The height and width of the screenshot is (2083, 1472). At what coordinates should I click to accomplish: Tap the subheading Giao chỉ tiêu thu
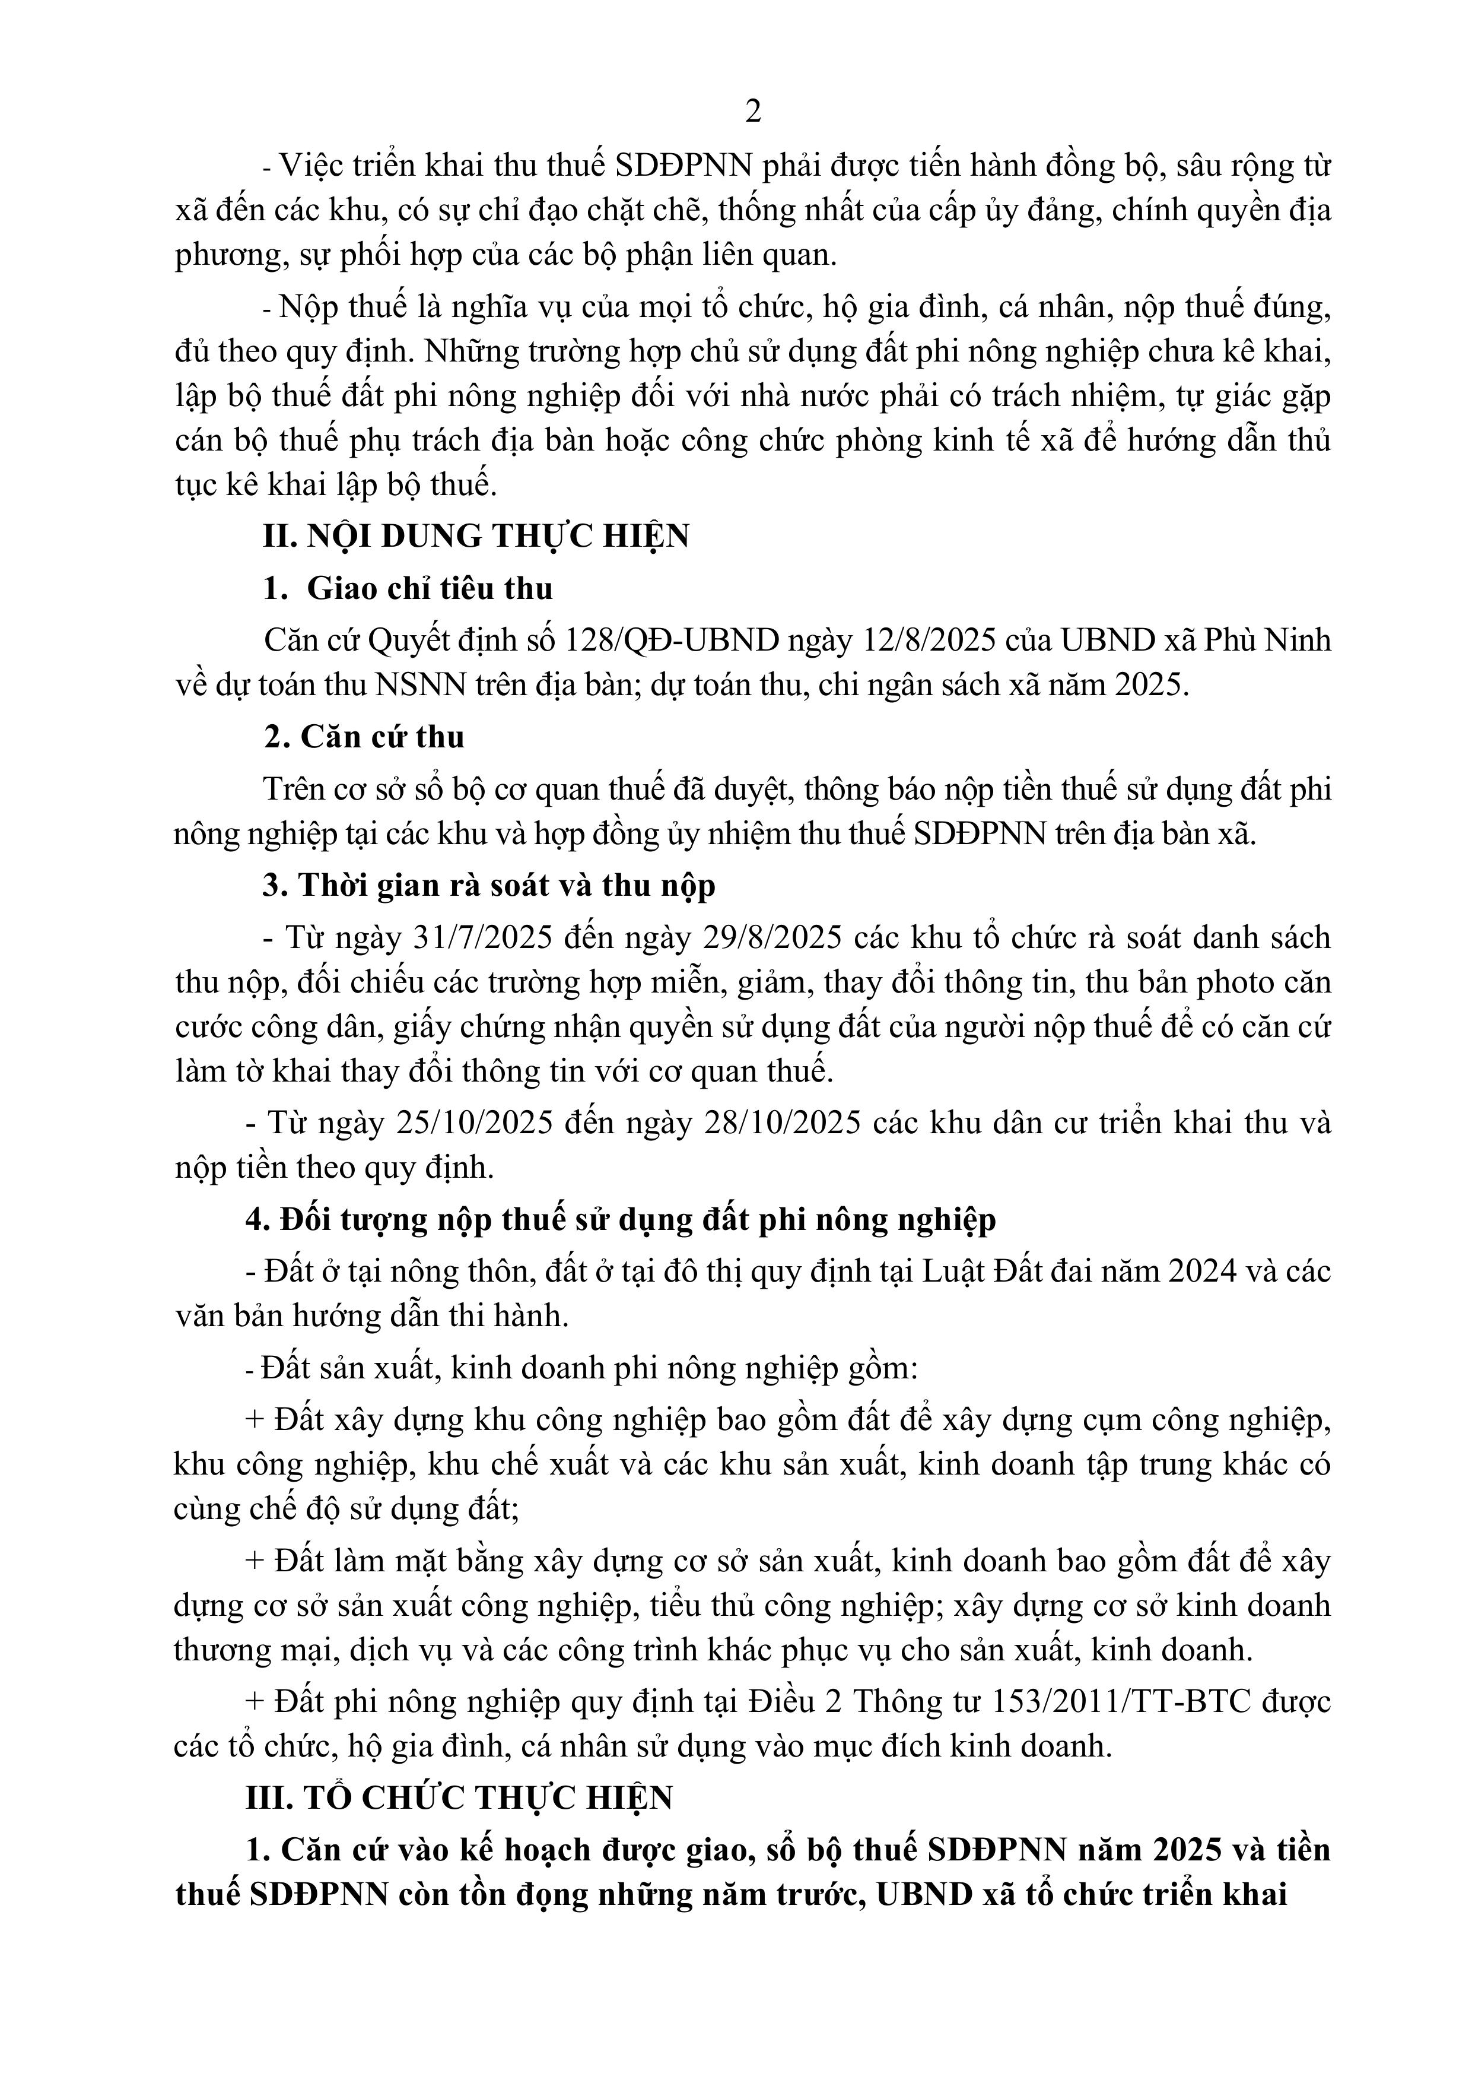coord(429,589)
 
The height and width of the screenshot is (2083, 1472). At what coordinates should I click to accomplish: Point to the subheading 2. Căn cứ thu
coord(365,737)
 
